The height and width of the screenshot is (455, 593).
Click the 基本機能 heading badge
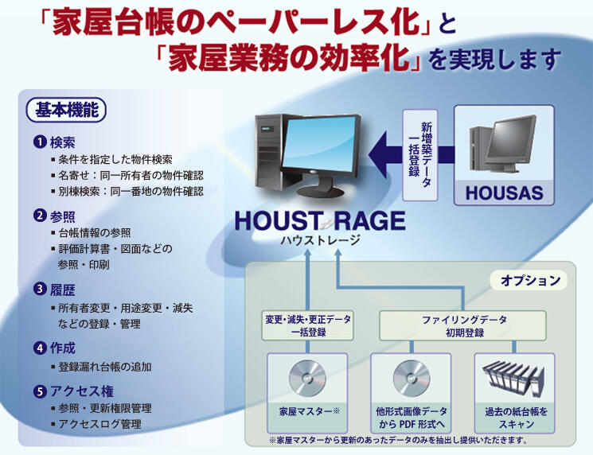[x=67, y=111]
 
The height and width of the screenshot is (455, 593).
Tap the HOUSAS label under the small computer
[x=504, y=192]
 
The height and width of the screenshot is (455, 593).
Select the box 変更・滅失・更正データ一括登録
[x=307, y=325]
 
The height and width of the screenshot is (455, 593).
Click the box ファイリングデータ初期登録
[x=464, y=325]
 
